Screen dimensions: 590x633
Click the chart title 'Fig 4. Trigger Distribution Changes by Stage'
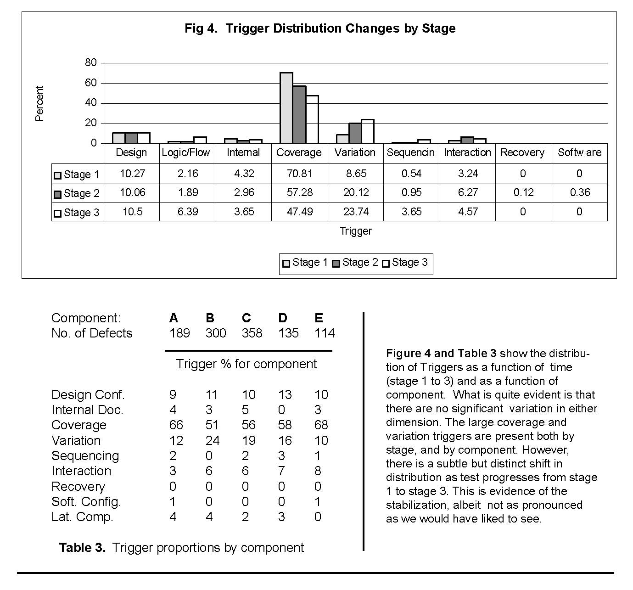(x=320, y=28)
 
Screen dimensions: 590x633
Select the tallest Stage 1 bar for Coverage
(x=286, y=108)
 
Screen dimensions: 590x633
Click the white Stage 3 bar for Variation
(x=368, y=131)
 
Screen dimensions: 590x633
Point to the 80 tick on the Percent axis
(x=91, y=63)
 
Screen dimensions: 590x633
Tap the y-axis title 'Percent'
(x=39, y=103)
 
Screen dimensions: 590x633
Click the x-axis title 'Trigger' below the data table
(x=356, y=231)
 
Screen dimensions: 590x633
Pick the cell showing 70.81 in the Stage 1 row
(x=300, y=174)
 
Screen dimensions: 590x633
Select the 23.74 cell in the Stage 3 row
(x=356, y=212)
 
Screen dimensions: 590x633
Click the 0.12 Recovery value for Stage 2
(x=523, y=193)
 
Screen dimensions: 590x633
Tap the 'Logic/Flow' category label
(x=186, y=153)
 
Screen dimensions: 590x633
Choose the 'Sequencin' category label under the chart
(x=411, y=153)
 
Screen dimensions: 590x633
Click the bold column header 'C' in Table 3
(x=246, y=318)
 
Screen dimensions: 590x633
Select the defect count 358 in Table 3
(x=252, y=333)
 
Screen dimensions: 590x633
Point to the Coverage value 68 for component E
(x=321, y=425)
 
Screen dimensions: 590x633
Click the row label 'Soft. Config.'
(x=86, y=502)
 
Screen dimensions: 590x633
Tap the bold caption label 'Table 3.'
(x=82, y=547)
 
